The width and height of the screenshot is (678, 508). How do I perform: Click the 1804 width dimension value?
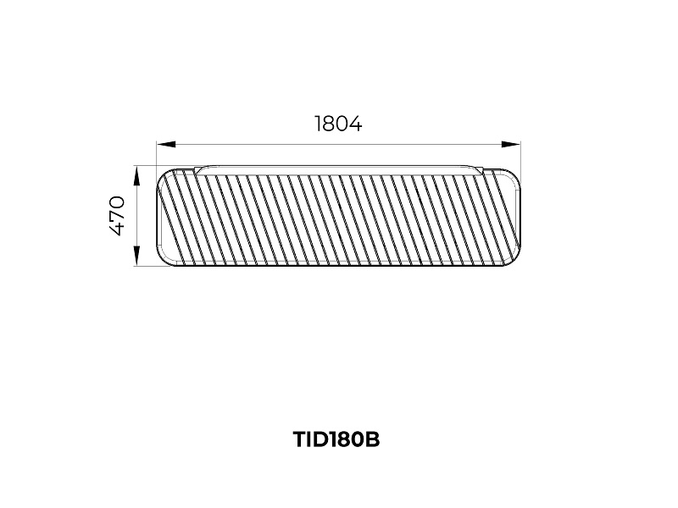[x=338, y=124]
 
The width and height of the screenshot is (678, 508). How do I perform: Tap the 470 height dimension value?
[x=117, y=216]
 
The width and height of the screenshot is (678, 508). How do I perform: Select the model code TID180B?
[x=336, y=439]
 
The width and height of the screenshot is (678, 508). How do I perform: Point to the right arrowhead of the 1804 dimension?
[x=511, y=144]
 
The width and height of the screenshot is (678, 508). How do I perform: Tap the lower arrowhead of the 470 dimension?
[x=136, y=256]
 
